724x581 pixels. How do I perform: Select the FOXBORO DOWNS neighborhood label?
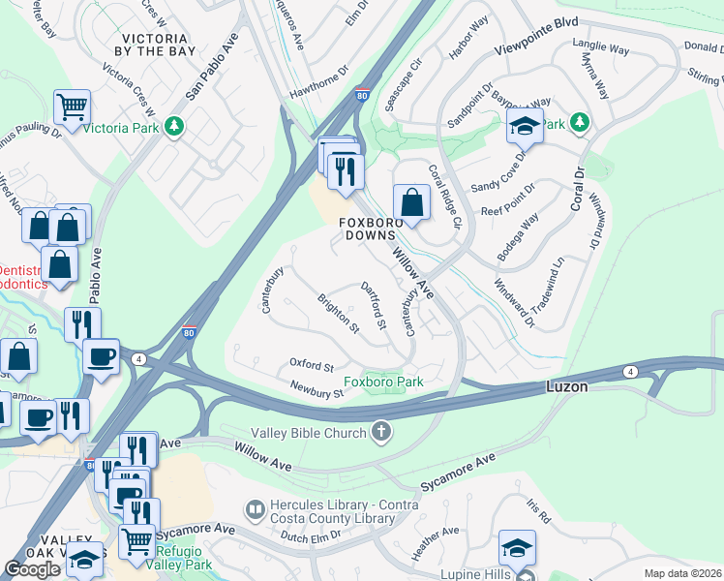click(x=368, y=229)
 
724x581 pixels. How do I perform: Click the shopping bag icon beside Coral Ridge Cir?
click(x=411, y=202)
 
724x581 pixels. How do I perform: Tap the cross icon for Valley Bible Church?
click(x=382, y=432)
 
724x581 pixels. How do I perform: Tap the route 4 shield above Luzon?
click(x=630, y=371)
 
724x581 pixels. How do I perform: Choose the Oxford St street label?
click(x=312, y=366)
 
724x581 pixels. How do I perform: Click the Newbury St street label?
click(x=317, y=389)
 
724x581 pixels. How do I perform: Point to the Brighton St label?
click(x=338, y=315)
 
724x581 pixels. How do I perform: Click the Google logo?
click(x=32, y=569)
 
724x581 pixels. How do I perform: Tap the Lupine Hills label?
click(x=476, y=574)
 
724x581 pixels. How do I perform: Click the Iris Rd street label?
click(x=538, y=510)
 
